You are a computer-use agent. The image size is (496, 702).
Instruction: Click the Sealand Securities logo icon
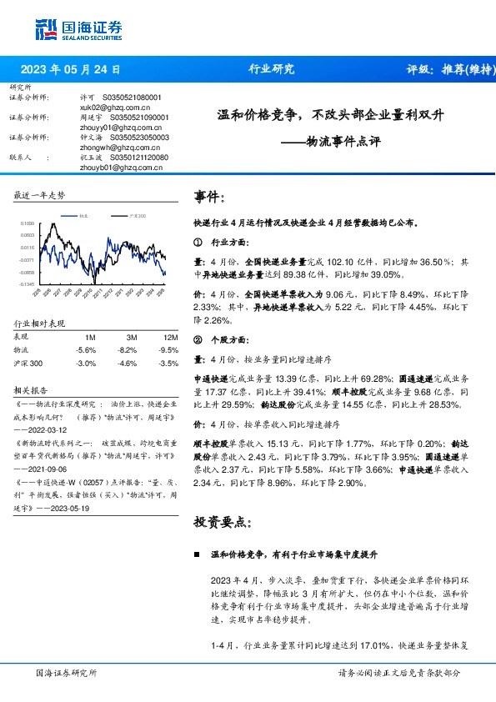tap(47, 28)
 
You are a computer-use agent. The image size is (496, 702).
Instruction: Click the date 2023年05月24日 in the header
tap(70, 69)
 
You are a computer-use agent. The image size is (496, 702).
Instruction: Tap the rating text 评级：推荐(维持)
tap(446, 69)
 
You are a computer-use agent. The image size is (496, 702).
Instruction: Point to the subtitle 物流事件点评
tap(343, 142)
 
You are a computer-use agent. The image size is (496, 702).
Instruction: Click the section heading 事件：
tap(210, 198)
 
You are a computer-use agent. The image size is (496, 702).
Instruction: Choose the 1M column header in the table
tap(91, 336)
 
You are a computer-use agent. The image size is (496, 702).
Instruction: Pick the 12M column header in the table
tap(172, 336)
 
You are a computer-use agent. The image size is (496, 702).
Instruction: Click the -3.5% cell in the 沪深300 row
tap(169, 364)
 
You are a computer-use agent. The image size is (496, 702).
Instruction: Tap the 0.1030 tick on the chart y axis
tap(28, 224)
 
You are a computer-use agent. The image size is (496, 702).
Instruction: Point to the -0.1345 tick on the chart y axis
tap(27, 284)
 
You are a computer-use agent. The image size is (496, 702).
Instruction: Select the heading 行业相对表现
tap(40, 323)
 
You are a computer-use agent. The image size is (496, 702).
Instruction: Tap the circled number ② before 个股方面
tap(198, 341)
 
